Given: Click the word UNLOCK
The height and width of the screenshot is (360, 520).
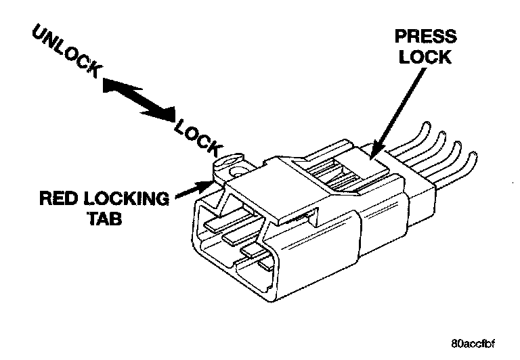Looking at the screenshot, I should tap(67, 51).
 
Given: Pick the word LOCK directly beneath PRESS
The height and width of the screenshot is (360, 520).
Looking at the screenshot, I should tap(425, 57).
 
